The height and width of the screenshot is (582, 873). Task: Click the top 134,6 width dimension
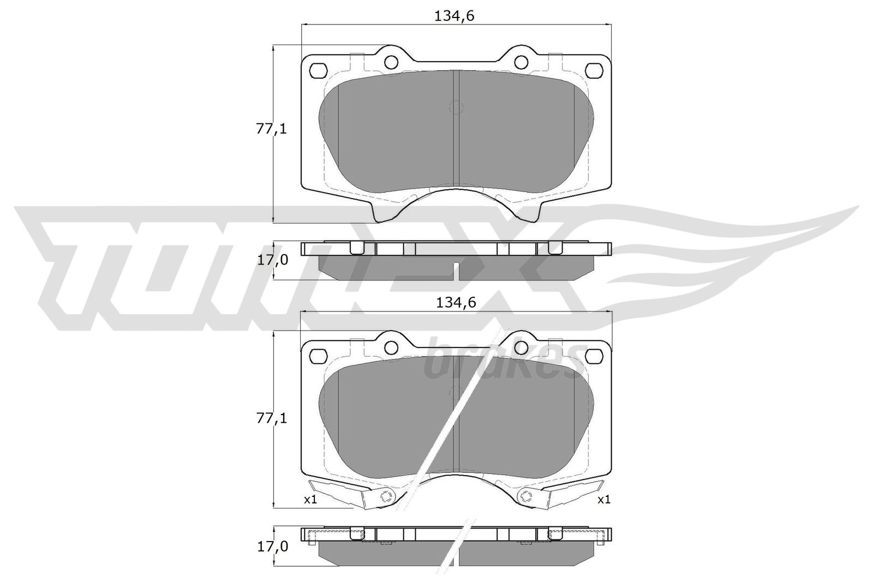(x=454, y=16)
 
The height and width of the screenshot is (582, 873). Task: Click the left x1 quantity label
(x=310, y=499)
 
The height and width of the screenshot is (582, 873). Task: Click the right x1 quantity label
(x=603, y=499)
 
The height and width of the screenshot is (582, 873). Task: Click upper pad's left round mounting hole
(x=391, y=61)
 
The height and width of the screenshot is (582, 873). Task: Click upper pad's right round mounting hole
(x=522, y=61)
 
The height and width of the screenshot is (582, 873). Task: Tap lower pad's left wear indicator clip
(x=349, y=493)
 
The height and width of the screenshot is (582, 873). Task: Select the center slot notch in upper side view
(x=456, y=269)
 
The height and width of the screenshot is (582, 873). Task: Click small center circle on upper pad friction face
(x=455, y=107)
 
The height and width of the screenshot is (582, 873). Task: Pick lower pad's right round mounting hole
(x=522, y=347)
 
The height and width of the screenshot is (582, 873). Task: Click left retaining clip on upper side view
(x=356, y=248)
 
